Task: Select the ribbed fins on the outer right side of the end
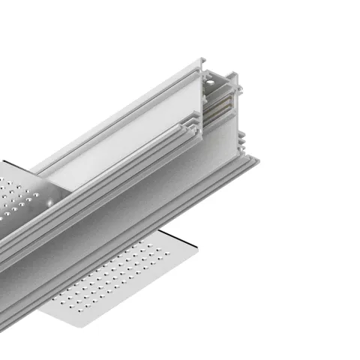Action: pos(241,142)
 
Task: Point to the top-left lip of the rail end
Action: pos(202,60)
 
